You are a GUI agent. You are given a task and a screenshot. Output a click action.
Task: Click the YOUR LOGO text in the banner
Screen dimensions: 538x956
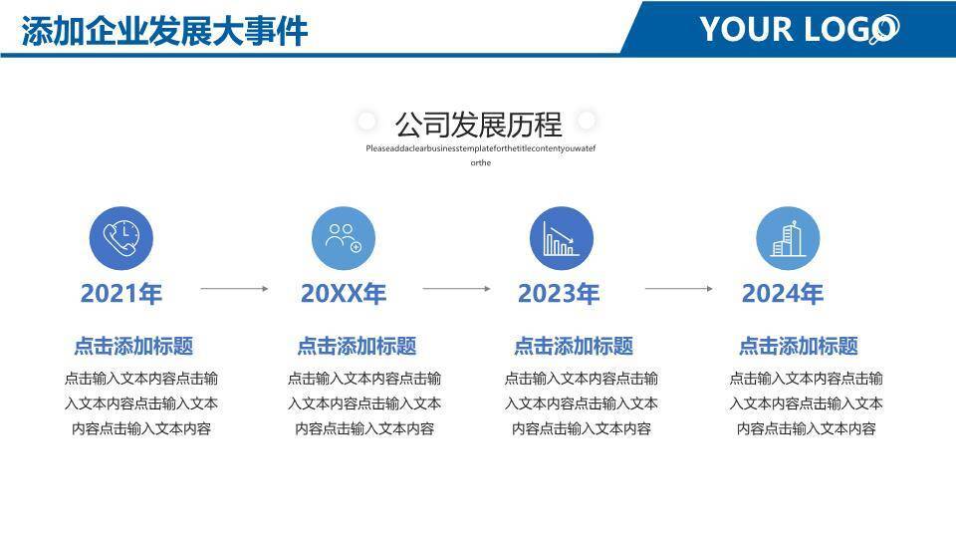coord(787,29)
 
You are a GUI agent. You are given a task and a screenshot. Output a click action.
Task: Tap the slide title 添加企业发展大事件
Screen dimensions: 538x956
coord(164,31)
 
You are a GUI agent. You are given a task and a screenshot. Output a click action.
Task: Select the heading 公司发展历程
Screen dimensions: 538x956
coord(478,125)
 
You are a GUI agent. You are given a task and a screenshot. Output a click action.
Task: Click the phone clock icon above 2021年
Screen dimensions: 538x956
coord(121,240)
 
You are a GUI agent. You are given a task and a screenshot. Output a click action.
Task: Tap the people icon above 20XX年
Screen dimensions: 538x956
coord(344,240)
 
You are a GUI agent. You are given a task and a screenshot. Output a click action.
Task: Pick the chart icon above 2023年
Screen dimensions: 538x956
coord(561,240)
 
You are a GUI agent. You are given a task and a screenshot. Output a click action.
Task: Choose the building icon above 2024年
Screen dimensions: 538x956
coord(787,240)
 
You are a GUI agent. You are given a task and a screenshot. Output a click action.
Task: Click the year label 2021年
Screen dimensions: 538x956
coord(121,294)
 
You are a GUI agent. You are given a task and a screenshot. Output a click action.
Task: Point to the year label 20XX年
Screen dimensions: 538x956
coord(344,294)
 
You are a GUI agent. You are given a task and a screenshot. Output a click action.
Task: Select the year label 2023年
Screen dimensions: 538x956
coord(559,294)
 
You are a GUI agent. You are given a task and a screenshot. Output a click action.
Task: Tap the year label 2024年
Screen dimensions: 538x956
coord(783,294)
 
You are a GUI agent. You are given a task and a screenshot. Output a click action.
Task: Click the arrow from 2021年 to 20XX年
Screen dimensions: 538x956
coord(234,289)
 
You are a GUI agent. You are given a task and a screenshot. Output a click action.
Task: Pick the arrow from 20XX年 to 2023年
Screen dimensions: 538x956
coord(456,289)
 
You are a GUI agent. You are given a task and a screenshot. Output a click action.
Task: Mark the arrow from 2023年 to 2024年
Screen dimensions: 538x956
coord(678,289)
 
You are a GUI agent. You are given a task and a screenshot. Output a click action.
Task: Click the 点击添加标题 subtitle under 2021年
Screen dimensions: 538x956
coord(133,347)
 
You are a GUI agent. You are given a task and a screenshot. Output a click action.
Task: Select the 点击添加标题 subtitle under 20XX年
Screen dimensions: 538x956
coord(357,347)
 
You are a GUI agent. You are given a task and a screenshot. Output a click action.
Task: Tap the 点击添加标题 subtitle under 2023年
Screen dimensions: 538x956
coord(574,347)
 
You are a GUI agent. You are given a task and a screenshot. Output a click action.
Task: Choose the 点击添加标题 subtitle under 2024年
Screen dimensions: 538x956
coord(798,347)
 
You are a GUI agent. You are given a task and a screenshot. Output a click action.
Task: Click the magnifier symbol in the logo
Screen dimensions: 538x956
coord(883,30)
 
